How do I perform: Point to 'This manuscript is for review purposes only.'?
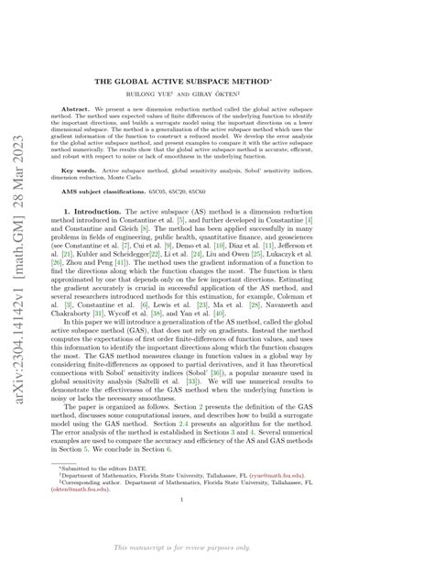pos(216,547)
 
